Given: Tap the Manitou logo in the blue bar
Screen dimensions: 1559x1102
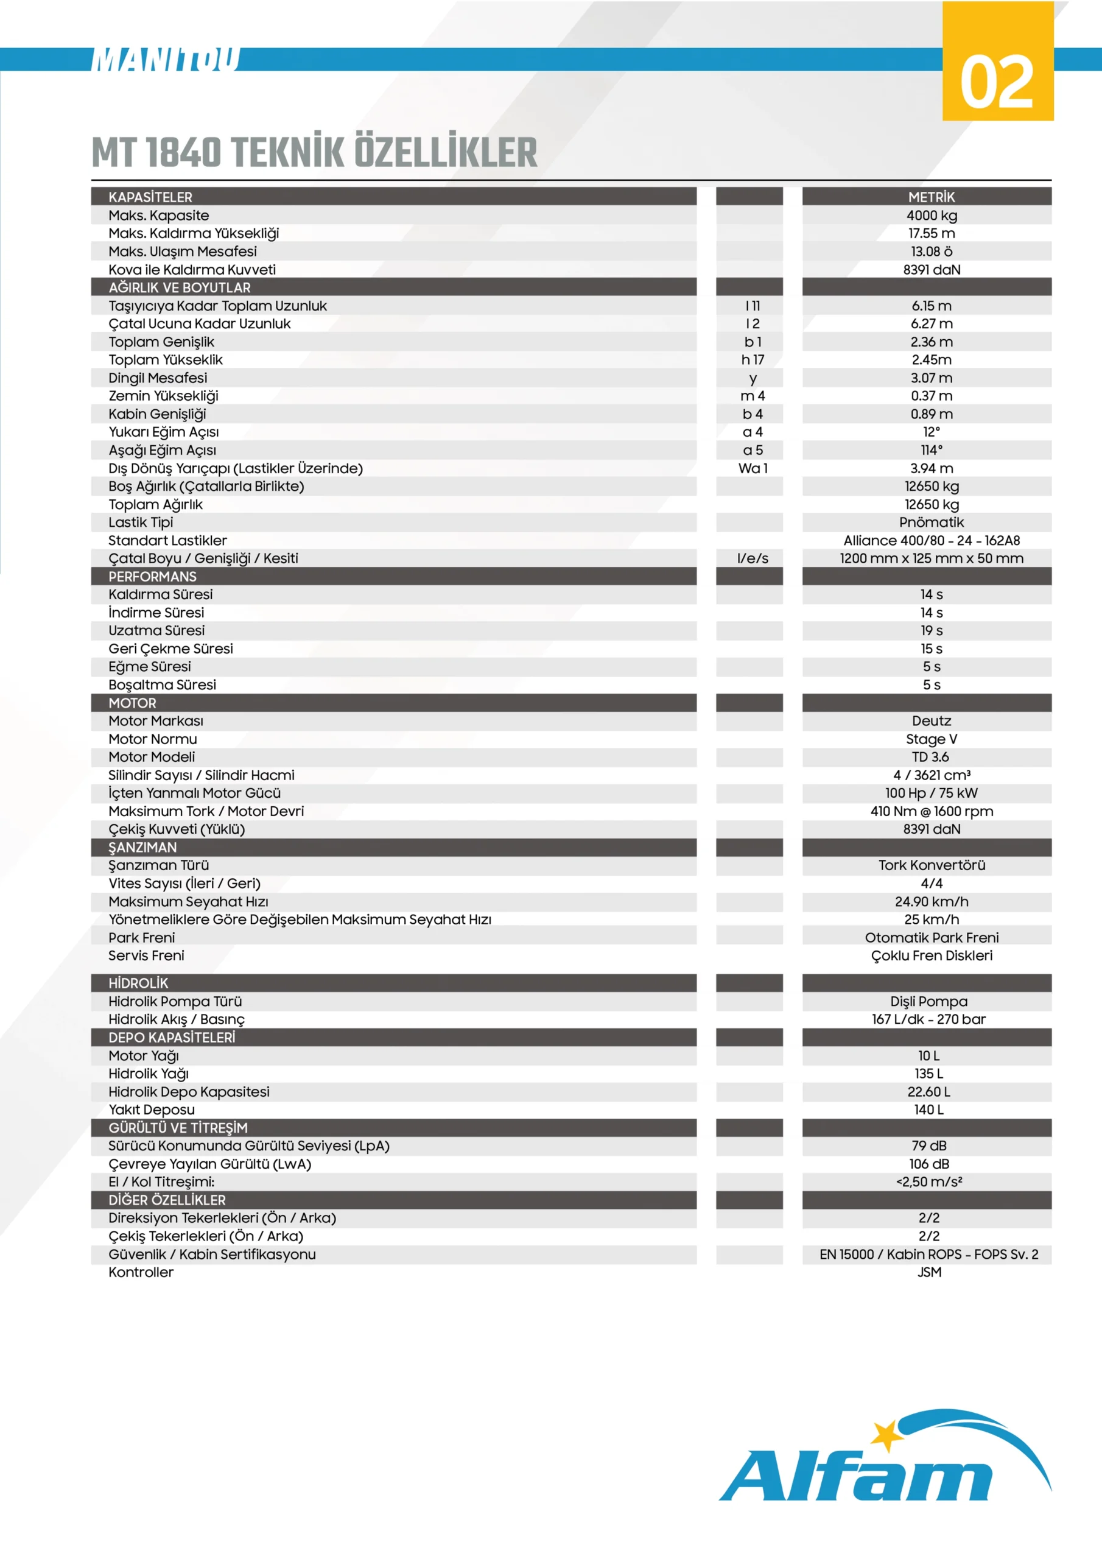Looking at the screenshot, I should pos(166,60).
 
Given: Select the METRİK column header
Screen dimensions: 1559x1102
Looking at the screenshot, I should pos(931,197).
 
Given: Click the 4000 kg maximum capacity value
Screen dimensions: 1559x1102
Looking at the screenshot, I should pos(931,215).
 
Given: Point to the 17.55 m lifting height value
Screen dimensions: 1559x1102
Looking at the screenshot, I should pos(931,233).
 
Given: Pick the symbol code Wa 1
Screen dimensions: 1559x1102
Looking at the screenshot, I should pos(753,468).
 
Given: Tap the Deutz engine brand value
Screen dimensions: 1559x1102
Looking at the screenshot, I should pos(931,721).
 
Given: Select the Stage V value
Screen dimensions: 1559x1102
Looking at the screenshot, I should pos(931,739).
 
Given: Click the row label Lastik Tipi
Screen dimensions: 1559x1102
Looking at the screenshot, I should pos(141,522).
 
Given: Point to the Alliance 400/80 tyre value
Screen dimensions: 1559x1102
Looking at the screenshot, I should pos(931,541).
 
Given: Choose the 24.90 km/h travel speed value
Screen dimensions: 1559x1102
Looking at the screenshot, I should pos(931,902).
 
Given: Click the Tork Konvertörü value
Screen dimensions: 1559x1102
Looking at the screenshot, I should pos(931,865).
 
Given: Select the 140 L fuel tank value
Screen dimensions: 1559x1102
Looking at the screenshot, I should pos(928,1110).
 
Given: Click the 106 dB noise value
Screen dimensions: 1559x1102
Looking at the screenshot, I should pos(928,1164).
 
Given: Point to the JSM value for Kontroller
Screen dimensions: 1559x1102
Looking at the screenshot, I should pos(928,1272).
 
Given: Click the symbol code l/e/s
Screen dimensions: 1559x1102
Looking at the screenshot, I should pos(753,558).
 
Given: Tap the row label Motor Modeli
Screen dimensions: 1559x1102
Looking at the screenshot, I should pos(152,757).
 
